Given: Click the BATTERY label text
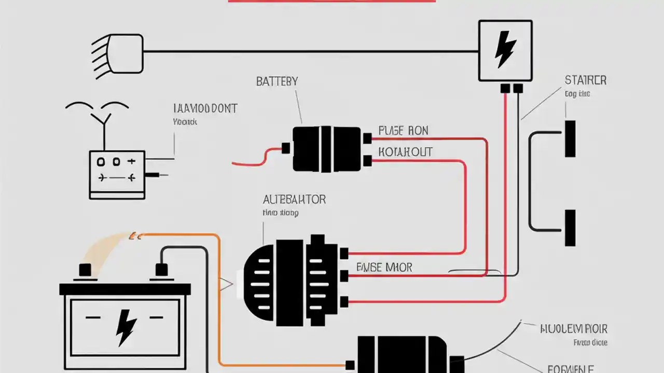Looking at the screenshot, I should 277,81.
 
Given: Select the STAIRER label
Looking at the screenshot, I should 585,80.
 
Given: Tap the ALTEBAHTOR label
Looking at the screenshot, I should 294,199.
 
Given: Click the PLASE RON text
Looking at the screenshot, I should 403,131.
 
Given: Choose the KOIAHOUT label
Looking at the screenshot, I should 405,152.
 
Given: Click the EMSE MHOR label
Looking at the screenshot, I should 384,267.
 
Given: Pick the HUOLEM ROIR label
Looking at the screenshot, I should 573,328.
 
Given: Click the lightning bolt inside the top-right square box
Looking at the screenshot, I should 504,50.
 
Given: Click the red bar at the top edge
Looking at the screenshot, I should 332,1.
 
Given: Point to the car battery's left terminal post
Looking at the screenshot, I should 84,270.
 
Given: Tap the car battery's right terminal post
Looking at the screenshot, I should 161,270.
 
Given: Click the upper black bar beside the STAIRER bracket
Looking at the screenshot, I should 570,138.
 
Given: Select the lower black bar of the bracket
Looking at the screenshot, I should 570,227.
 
